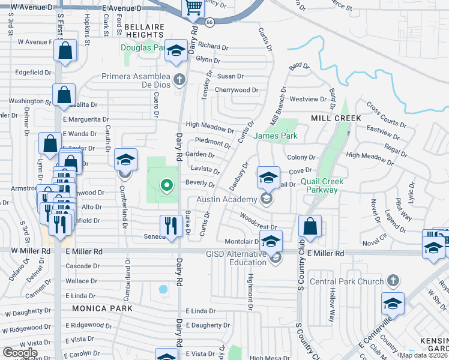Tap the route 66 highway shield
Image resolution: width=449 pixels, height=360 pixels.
tap(209, 22)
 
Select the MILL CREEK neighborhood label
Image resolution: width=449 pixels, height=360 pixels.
tap(336, 118)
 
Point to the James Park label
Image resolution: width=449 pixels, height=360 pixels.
tap(276, 136)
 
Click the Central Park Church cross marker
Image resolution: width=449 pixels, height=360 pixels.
tap(393, 281)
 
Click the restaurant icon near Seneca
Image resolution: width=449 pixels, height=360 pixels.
tap(171, 226)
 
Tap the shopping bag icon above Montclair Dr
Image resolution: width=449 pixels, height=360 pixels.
tap(310, 226)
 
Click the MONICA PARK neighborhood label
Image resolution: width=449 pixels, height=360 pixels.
tap(97, 308)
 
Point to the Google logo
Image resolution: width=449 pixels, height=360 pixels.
tap(20, 353)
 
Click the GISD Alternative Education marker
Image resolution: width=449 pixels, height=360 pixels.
tap(276, 259)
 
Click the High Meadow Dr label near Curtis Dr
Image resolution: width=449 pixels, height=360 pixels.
tap(209, 127)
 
